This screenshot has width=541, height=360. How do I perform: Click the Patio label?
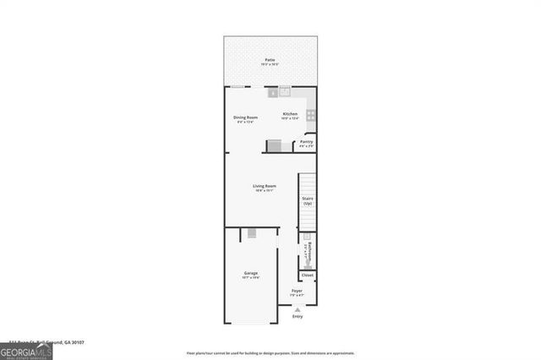[270, 60]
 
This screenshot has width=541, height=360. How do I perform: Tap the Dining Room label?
[246, 117]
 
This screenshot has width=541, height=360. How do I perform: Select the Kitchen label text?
[290, 114]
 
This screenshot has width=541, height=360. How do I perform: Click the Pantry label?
[306, 142]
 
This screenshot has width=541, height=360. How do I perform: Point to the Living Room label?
[265, 186]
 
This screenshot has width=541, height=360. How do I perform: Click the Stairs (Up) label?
[308, 201]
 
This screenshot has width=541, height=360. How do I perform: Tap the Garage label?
[251, 273]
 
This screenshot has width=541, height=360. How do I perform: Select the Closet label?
[308, 275]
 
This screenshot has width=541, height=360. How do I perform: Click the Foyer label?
[297, 291]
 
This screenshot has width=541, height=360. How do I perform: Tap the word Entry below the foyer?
[298, 316]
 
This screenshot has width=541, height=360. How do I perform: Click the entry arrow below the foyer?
[298, 308]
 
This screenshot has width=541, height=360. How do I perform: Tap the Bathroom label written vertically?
[310, 253]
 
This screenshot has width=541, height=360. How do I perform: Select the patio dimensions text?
[270, 65]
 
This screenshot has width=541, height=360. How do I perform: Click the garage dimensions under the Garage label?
[251, 278]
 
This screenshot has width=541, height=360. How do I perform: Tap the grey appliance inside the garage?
[251, 233]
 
